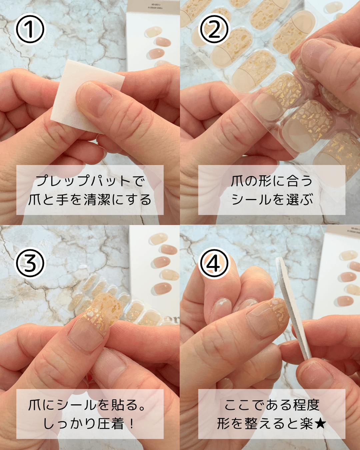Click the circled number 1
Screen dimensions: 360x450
(30, 29)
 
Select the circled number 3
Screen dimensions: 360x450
(30, 263)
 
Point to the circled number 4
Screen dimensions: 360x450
(214, 263)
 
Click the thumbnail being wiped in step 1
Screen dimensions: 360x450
(94, 98)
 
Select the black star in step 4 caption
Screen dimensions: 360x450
(320, 424)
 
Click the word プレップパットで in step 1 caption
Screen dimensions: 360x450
(90, 181)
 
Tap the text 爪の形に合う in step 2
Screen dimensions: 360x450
(272, 181)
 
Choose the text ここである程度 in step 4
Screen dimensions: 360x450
(272, 405)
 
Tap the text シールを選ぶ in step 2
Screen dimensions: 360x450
(272, 200)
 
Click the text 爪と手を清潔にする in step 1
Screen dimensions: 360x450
(90, 200)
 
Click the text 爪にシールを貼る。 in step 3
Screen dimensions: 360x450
(86, 405)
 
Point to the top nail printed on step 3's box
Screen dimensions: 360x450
(158, 239)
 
